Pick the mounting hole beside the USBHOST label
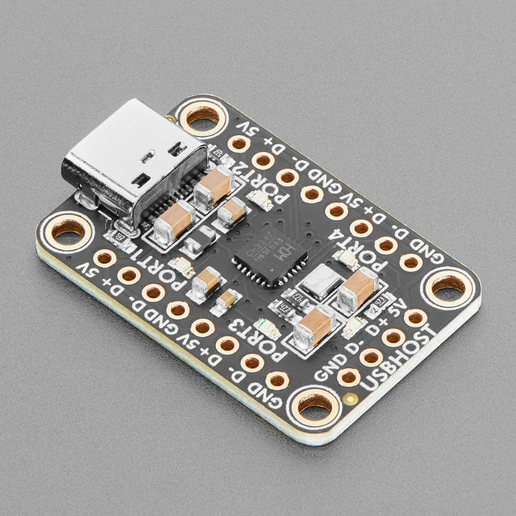tap(315, 403)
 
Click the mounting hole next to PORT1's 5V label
tap(68, 231)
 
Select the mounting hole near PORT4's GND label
tap(447, 285)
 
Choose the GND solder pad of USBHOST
tap(349, 377)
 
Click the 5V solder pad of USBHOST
tap(415, 318)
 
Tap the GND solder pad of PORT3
tap(276, 380)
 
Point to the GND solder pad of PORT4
tap(411, 261)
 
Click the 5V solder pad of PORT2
tap(238, 144)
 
